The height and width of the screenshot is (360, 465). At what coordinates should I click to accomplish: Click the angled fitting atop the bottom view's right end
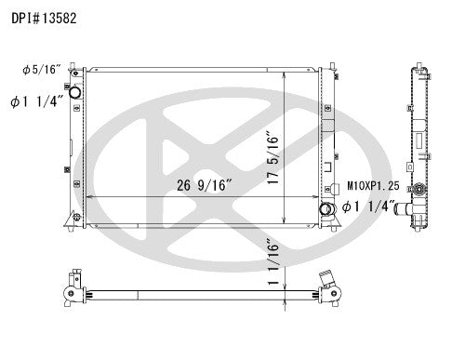(x=325, y=277)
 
